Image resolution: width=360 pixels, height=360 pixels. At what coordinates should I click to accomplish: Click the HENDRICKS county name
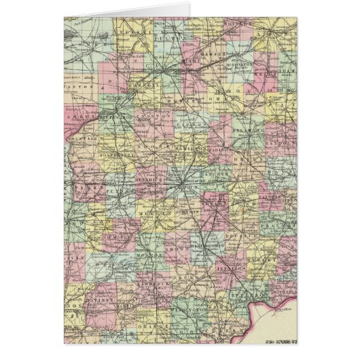149,181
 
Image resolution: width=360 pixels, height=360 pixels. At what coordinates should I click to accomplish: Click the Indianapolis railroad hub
183,182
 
